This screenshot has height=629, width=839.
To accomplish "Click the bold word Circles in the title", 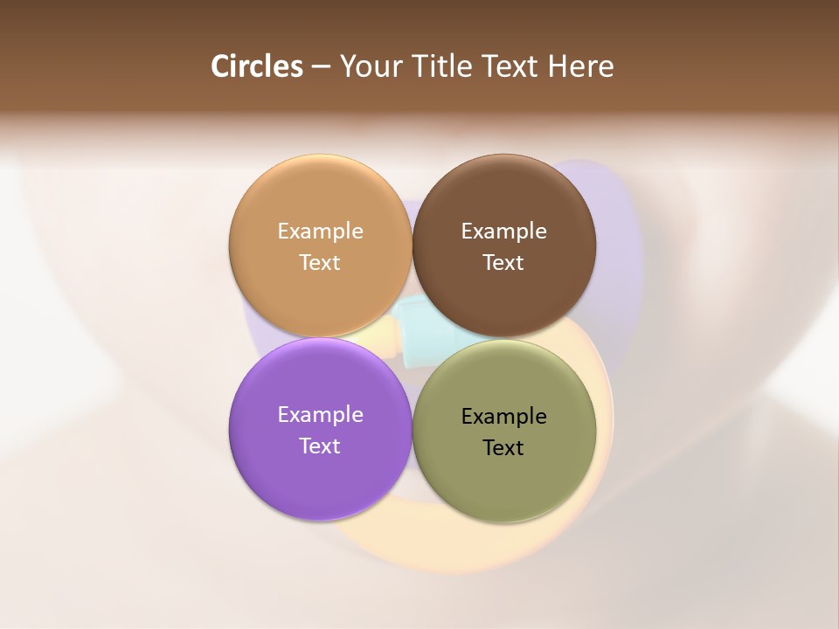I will [x=257, y=66].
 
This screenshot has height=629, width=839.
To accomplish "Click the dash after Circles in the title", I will [x=321, y=67].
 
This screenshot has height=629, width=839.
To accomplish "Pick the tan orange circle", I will [x=320, y=201].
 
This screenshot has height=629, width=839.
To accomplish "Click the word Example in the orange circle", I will [x=320, y=231].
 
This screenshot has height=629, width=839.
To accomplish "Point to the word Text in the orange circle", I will [x=320, y=262].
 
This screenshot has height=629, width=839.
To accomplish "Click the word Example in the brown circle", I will [x=503, y=231].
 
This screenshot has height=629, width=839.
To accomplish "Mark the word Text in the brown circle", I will [x=503, y=262].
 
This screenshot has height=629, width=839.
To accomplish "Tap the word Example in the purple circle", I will [x=320, y=414].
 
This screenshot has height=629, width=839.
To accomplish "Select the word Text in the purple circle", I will [x=320, y=446].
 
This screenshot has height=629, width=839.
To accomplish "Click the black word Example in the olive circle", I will [x=503, y=416].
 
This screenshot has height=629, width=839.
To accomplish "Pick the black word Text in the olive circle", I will [x=503, y=447].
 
